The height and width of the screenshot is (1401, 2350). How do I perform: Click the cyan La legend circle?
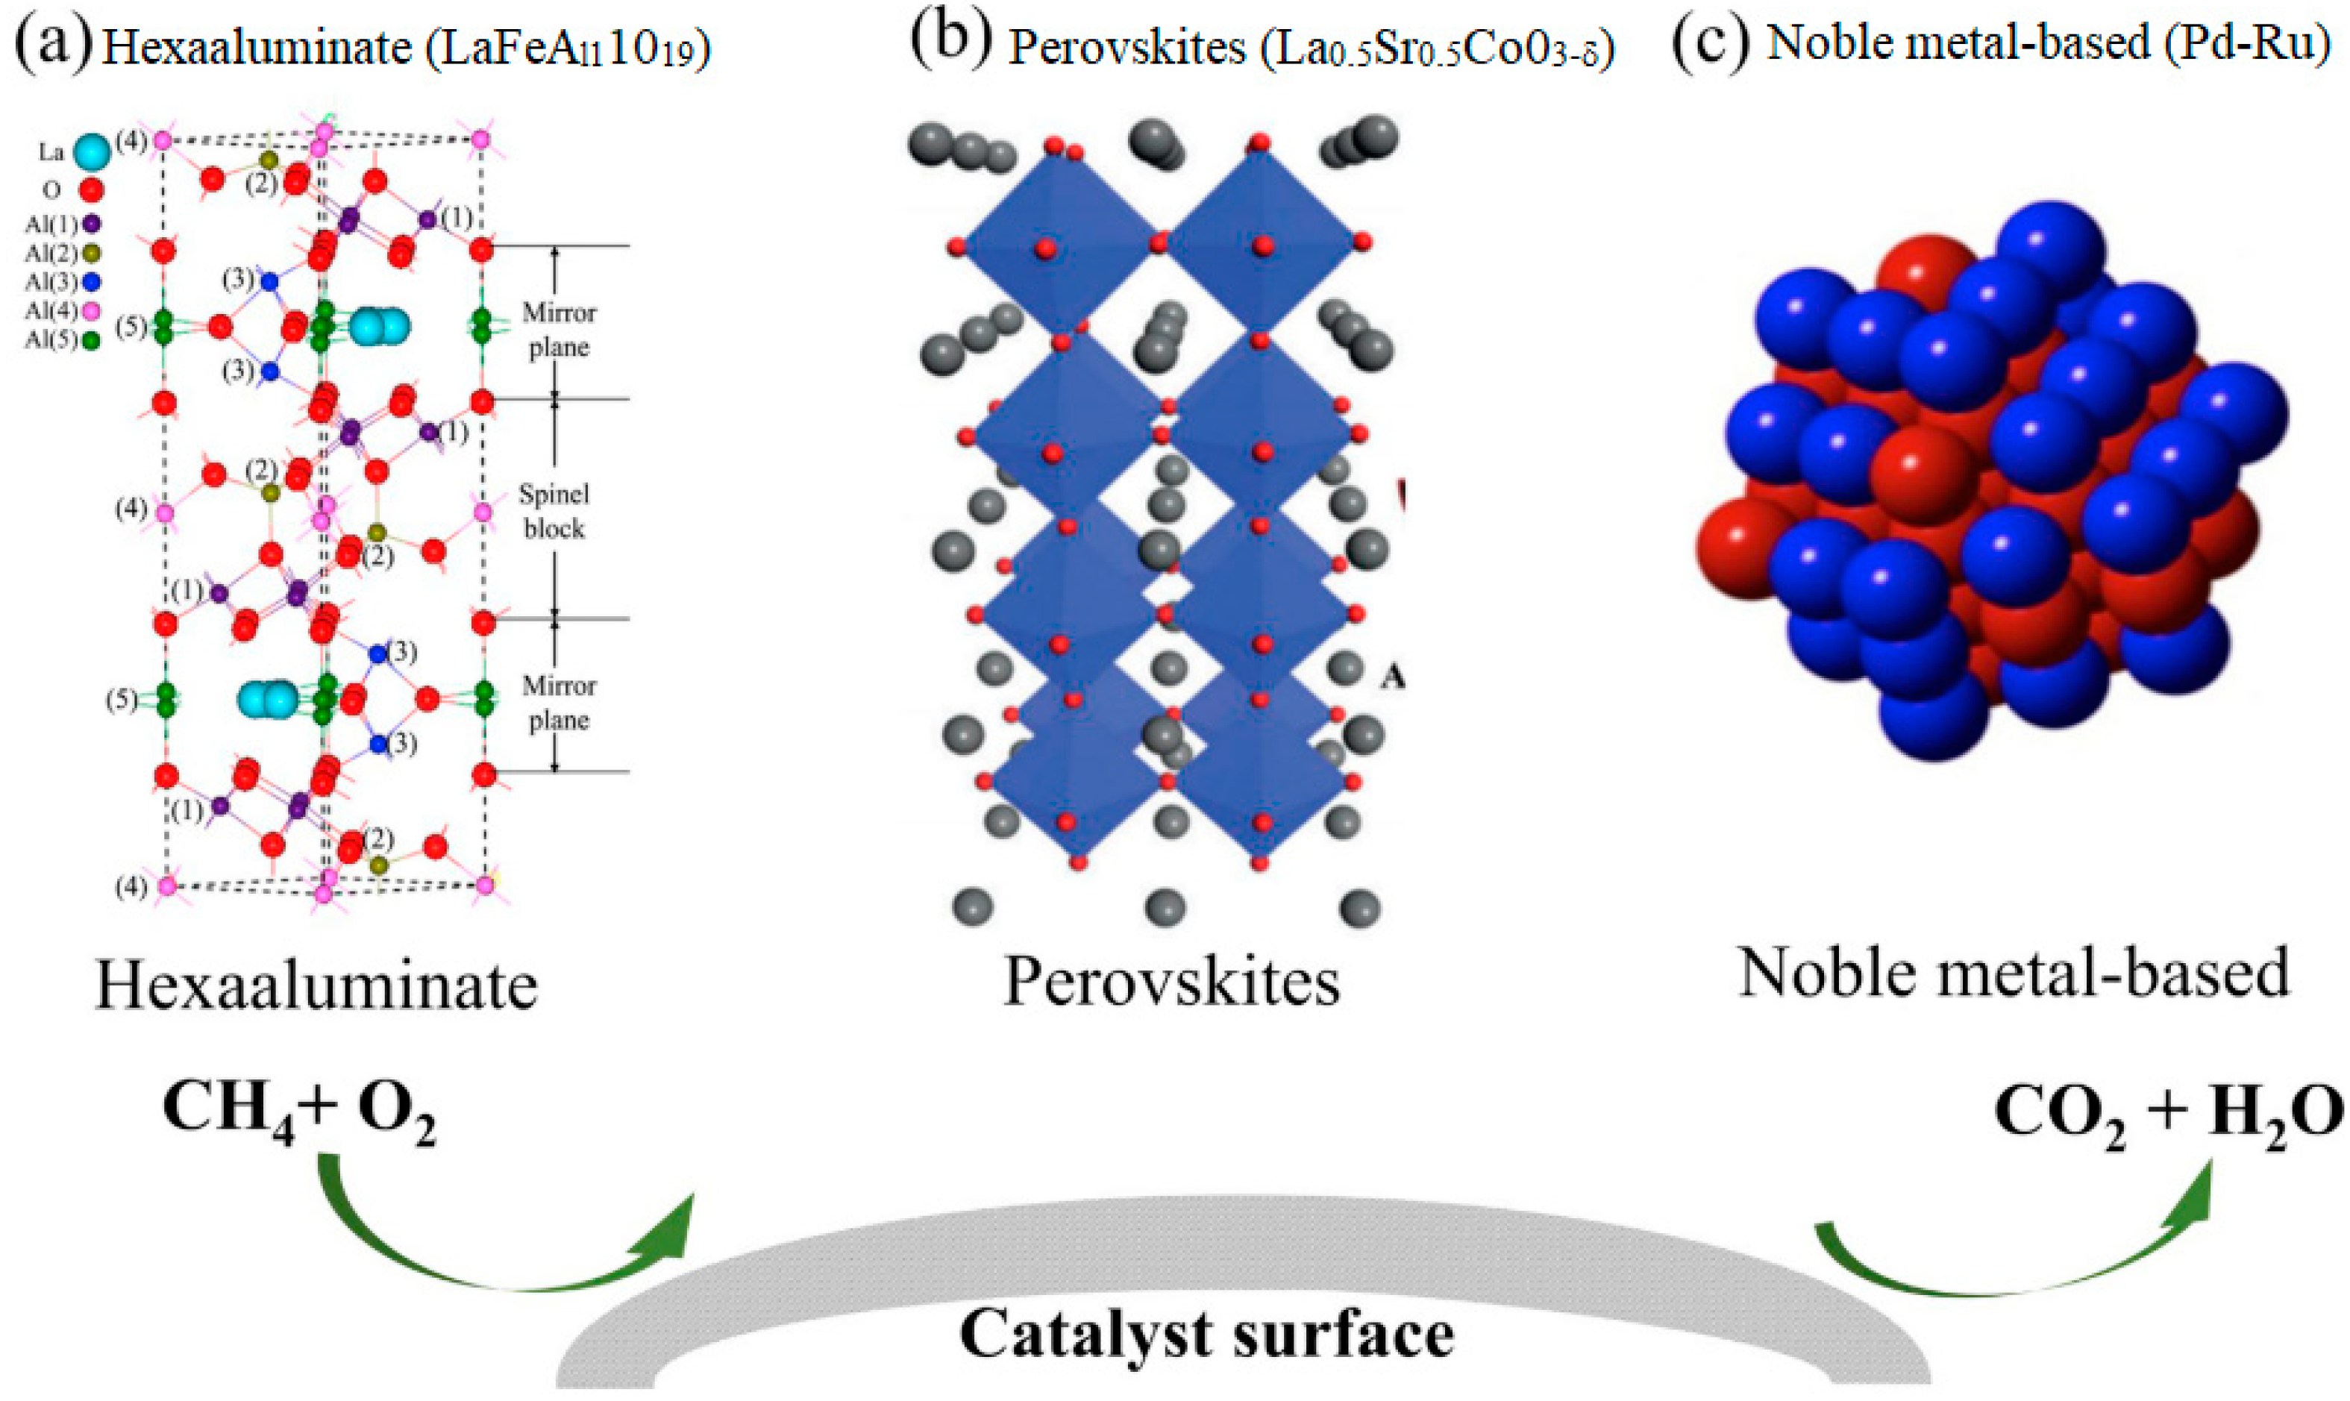[x=90, y=151]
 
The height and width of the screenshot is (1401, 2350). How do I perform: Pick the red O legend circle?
[x=90, y=189]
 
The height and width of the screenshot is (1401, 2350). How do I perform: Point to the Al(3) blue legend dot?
[x=92, y=281]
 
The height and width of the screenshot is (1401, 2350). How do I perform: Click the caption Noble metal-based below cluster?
[x=2014, y=972]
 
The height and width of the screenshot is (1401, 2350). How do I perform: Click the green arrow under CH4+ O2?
[x=491, y=1256]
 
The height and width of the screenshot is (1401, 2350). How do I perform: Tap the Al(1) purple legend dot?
[x=92, y=224]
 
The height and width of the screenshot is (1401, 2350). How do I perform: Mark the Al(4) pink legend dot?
[x=92, y=310]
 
